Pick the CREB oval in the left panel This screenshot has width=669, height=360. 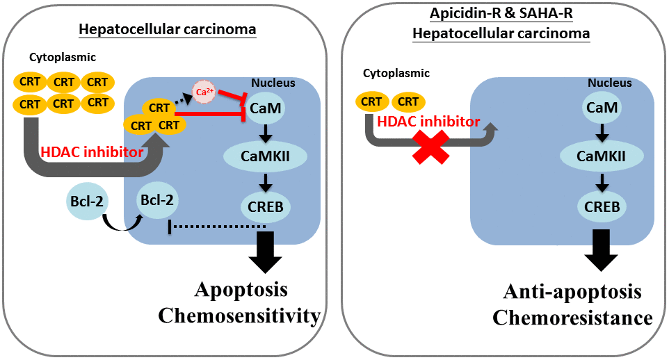click(265, 206)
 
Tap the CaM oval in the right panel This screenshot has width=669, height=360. click(602, 108)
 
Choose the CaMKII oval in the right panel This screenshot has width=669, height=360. click(602, 157)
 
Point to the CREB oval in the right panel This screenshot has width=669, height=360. click(602, 206)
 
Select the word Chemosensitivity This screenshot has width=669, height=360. click(239, 316)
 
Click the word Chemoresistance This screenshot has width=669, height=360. click(572, 318)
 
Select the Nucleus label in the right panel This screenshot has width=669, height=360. click(610, 83)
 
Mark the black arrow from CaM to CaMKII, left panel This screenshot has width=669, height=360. click(265, 133)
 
